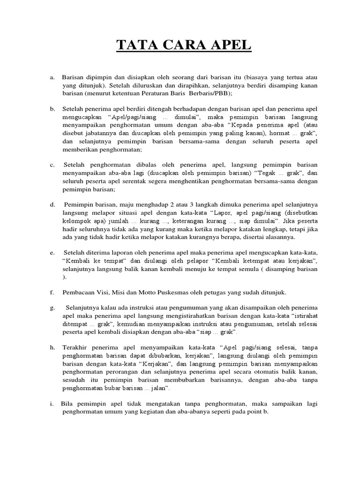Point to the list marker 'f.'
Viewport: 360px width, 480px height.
pyautogui.click(x=52, y=292)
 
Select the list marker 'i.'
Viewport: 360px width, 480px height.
pyautogui.click(x=51, y=403)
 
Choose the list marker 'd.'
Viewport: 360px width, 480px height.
pyautogui.click(x=52, y=204)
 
